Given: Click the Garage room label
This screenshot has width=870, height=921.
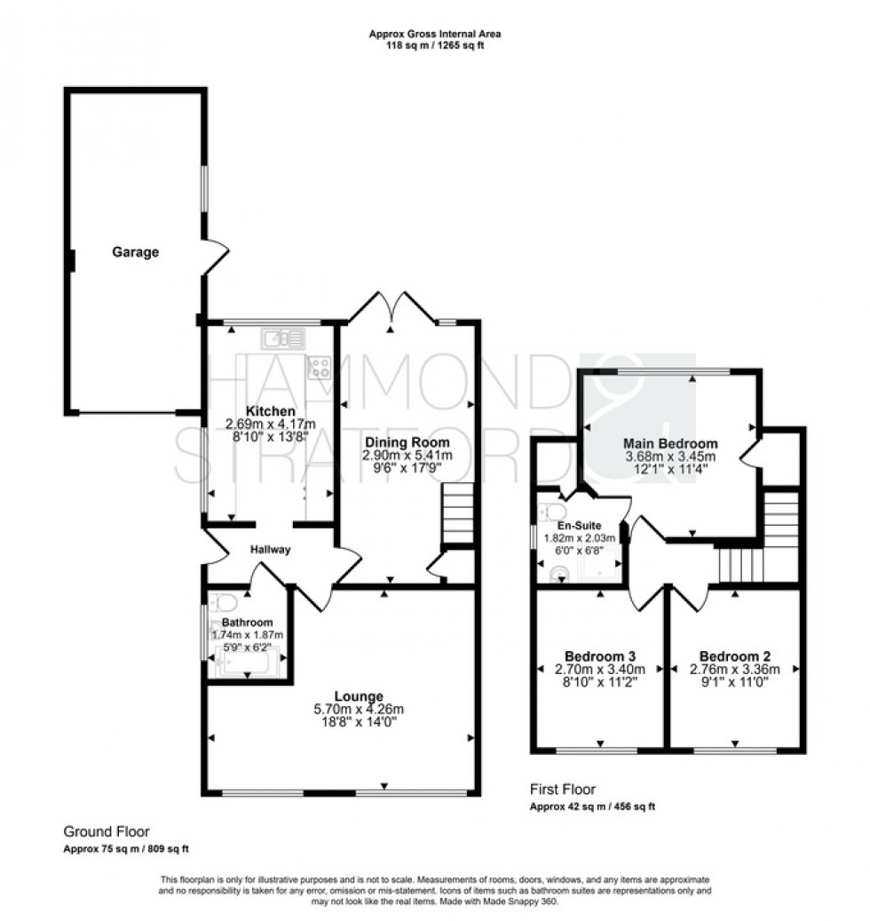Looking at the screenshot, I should click(x=135, y=252).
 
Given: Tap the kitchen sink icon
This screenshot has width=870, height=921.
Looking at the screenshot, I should click(x=283, y=337).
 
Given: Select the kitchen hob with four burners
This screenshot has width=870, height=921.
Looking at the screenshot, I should click(x=320, y=367).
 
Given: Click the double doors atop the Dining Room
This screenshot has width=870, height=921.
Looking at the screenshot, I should click(x=391, y=306).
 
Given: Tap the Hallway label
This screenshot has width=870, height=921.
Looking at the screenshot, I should click(x=270, y=550).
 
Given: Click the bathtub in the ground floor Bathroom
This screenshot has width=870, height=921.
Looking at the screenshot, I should click(x=248, y=662).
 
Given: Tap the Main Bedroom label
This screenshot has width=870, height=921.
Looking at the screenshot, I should click(x=671, y=443).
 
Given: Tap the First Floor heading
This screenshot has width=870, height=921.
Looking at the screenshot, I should click(x=563, y=789).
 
